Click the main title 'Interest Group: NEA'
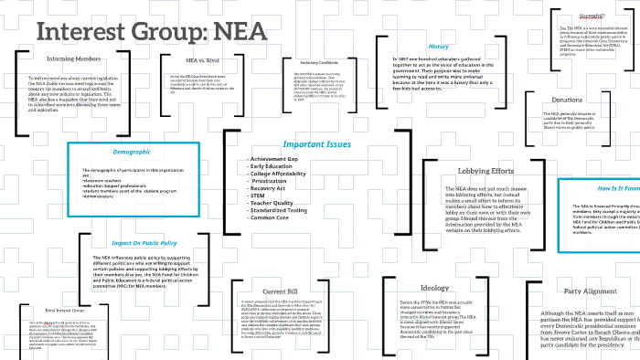coord(152,31)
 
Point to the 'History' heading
coord(438,46)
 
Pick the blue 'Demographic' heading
coord(132,151)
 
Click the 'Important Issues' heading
coord(316,144)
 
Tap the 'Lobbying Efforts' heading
coord(485,171)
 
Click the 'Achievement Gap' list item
coord(275,159)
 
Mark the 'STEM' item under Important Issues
coord(259,196)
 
